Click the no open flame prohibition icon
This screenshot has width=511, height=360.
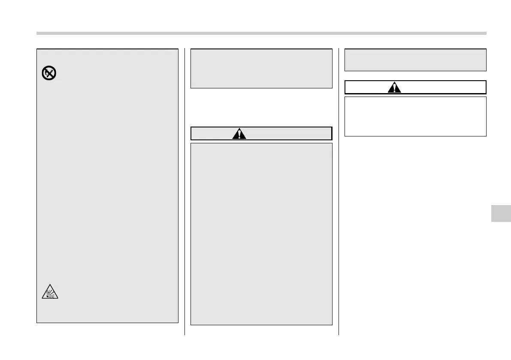pos(49,74)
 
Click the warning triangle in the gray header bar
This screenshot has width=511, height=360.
pos(239,133)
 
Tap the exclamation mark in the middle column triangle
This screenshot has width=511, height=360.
pos(239,134)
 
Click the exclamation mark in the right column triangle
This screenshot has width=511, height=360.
pos(394,88)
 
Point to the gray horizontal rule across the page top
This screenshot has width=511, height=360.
pos(261,33)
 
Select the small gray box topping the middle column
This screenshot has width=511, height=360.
pos(261,68)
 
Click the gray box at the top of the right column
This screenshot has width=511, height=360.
pos(415,60)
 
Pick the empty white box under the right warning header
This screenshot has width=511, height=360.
pos(415,116)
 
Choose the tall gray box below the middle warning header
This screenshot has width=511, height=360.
pos(261,234)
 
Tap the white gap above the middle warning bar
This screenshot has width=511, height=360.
pos(261,107)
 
